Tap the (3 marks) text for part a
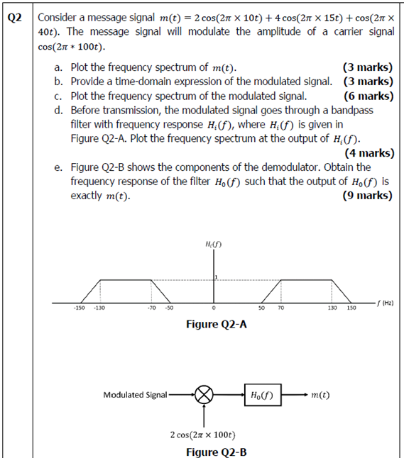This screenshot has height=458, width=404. (367, 68)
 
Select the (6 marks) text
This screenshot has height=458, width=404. (367, 96)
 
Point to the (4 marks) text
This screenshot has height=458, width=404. (368, 152)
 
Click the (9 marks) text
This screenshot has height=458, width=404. (367, 195)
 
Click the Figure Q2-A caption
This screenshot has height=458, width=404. (217, 324)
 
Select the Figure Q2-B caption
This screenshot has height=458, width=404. (217, 451)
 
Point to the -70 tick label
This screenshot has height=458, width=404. (151, 308)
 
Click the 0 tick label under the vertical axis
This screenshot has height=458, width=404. (214, 308)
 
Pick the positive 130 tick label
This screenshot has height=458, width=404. (332, 308)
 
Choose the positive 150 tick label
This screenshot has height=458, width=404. (351, 308)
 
